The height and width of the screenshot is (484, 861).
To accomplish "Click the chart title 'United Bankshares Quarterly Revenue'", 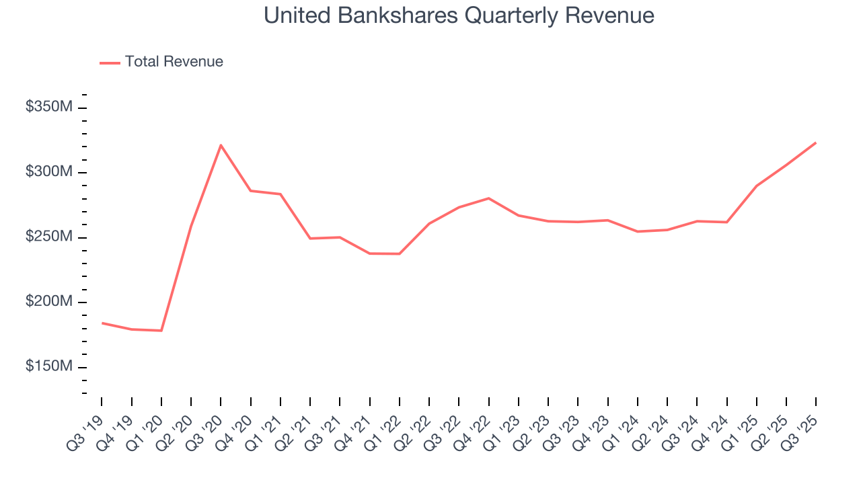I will pos(459,15).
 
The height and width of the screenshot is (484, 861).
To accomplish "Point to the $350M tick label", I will pos(48,108).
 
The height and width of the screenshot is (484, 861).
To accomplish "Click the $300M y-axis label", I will pos(48,173).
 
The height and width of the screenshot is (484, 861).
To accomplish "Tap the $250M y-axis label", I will pos(48,238).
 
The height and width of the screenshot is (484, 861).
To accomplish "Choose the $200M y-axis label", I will pos(48,302).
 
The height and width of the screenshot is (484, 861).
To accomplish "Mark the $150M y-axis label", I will pos(48,368).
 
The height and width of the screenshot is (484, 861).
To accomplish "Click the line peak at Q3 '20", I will pos(221,145).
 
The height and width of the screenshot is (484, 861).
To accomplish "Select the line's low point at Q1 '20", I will pos(161,330).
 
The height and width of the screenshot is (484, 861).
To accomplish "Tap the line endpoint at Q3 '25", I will pos(815,143).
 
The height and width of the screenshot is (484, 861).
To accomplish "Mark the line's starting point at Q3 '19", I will pos(102,323).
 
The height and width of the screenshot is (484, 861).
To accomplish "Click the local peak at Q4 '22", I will pos(488,198).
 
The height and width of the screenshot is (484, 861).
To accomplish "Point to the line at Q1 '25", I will pos(756,186).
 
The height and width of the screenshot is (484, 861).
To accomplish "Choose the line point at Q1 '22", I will pos(400,253).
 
